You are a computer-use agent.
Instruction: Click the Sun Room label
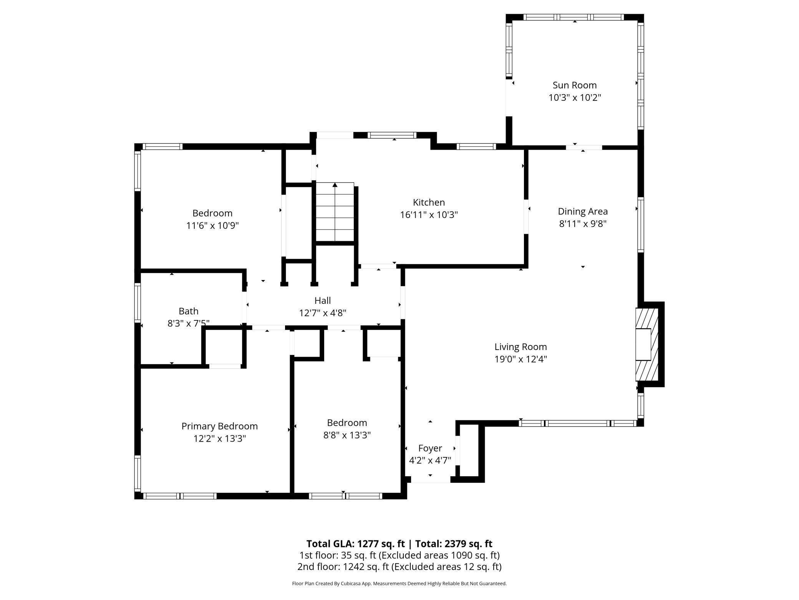coord(574,85)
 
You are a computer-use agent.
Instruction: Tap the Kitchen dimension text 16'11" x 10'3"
coord(429,215)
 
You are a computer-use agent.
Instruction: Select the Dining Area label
coord(582,211)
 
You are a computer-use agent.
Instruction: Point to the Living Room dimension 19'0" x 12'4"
coord(521,359)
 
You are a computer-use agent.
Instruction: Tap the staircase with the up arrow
coord(335,212)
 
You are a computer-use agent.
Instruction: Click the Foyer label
coord(430,448)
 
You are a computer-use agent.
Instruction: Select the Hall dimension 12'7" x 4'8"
coord(323,313)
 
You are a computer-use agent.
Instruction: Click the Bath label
coord(188,311)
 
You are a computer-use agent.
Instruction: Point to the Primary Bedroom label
coord(219,426)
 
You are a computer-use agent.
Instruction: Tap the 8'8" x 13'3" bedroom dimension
coord(347,435)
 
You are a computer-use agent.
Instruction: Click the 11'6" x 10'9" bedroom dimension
coord(212,225)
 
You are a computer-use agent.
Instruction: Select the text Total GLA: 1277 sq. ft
coord(355,543)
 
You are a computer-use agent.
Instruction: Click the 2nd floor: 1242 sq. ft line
coord(399,567)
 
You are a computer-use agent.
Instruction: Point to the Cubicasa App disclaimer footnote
coord(399,583)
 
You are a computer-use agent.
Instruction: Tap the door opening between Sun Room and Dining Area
coord(584,147)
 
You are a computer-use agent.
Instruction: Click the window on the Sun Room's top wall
coord(574,17)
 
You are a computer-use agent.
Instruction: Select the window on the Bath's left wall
coord(137,302)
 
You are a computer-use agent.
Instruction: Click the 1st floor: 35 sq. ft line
coord(399,555)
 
